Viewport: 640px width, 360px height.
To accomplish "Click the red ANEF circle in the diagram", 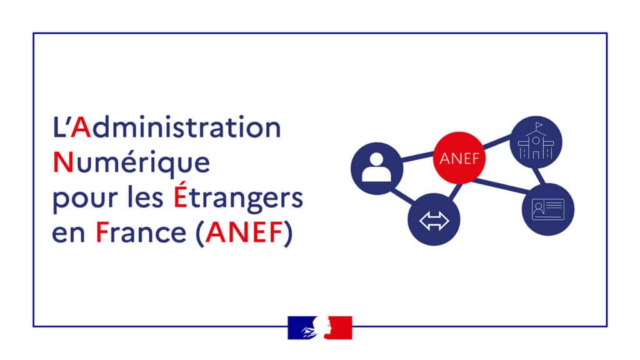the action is [x=459, y=158].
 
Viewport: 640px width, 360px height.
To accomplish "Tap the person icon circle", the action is [x=377, y=168].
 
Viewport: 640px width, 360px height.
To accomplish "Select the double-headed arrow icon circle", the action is [x=434, y=219].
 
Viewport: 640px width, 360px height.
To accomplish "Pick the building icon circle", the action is [x=536, y=142].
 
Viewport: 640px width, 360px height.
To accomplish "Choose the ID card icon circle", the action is [x=547, y=209].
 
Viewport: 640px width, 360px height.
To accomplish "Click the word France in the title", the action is [x=141, y=232].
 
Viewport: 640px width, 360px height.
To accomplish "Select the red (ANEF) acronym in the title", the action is [x=244, y=234].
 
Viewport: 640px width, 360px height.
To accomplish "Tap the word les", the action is [x=145, y=197].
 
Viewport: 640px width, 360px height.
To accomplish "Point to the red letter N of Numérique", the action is [x=63, y=162].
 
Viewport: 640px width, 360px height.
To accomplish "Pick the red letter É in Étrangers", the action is [x=181, y=194].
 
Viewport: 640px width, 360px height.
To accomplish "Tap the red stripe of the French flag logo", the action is [x=339, y=327].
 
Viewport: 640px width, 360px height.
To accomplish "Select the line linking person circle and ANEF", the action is [x=418, y=157].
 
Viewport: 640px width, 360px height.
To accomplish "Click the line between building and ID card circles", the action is [x=539, y=176].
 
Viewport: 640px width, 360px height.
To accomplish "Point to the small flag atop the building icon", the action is [x=539, y=124].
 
